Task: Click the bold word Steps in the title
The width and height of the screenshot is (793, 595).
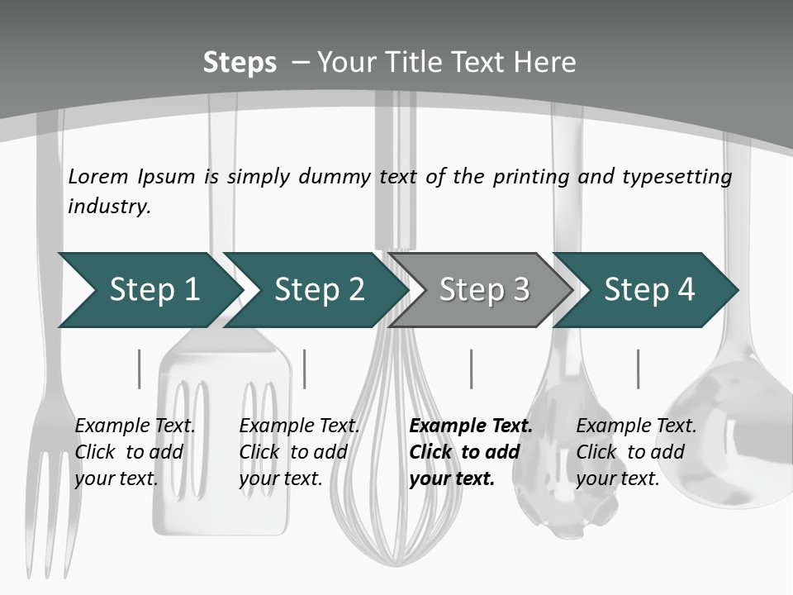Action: pyautogui.click(x=240, y=63)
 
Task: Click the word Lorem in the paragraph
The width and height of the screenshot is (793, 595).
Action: pyautogui.click(x=97, y=176)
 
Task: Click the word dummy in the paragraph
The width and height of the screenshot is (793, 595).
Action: pyautogui.click(x=333, y=177)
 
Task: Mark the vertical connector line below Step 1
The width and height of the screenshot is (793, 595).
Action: pyautogui.click(x=139, y=369)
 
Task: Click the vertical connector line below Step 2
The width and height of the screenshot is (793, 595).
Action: pyautogui.click(x=305, y=369)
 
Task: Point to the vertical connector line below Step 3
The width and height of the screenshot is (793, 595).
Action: pyautogui.click(x=472, y=369)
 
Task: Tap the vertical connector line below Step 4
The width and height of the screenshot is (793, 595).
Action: pyautogui.click(x=638, y=369)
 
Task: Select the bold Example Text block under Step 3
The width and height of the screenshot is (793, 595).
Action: pyautogui.click(x=470, y=452)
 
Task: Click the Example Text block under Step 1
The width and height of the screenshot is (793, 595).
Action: pyautogui.click(x=135, y=452)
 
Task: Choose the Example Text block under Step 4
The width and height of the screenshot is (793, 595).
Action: pyautogui.click(x=636, y=452)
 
